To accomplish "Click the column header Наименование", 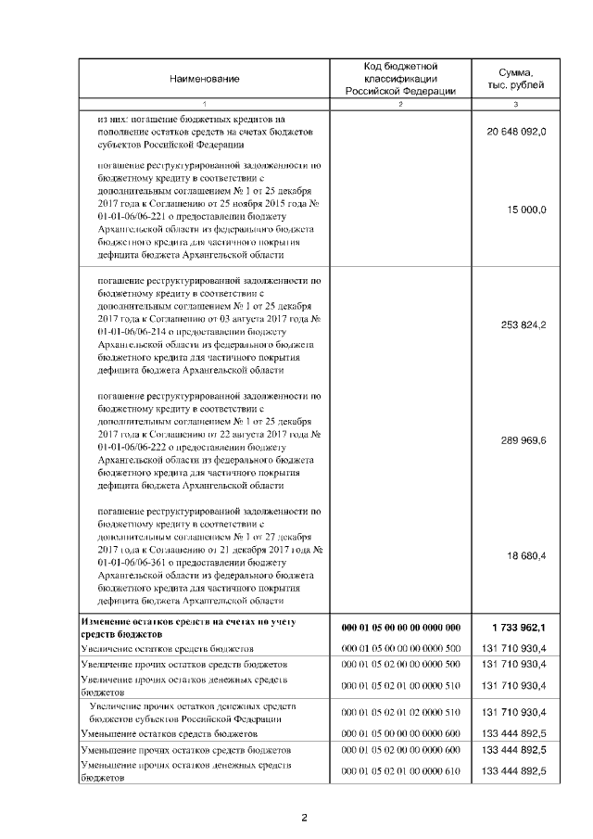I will tap(205, 79).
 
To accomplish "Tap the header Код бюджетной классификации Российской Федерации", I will tap(400, 79).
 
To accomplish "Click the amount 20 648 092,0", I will tap(516, 133).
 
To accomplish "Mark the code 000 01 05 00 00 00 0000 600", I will tap(401, 732).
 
